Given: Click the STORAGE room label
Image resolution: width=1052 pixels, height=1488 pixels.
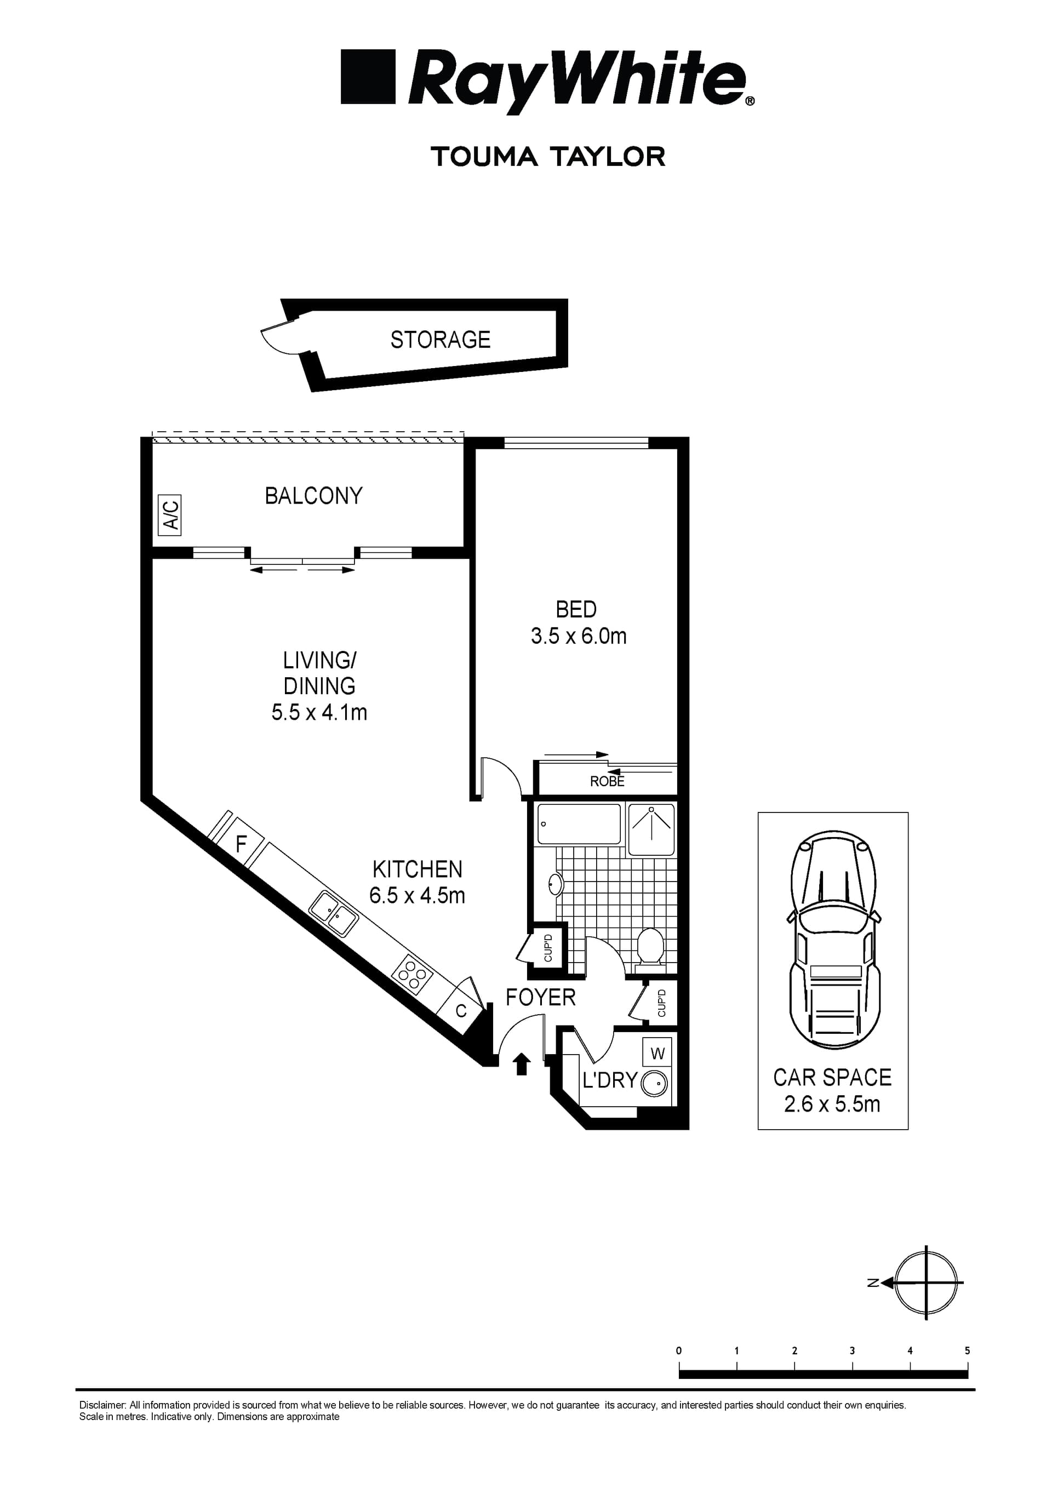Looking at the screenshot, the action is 440,340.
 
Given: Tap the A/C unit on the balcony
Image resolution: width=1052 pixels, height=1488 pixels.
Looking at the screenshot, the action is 170,515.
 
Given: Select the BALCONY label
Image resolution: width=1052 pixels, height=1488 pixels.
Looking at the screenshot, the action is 314,496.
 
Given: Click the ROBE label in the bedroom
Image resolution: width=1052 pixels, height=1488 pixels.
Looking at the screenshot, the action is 607,782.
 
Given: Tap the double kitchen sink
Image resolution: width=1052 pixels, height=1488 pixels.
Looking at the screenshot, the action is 334,914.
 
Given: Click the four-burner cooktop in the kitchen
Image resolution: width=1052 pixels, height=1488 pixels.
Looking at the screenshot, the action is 412,974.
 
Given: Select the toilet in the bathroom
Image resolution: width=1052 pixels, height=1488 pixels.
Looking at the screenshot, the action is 649,949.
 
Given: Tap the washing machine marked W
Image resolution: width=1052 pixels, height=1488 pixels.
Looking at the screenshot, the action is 658,1053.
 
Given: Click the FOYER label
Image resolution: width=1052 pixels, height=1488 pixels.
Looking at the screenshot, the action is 541,998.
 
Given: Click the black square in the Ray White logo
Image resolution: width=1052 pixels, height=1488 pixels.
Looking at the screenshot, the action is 368,77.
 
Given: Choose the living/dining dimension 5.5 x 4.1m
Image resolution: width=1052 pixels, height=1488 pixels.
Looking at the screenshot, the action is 319,713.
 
